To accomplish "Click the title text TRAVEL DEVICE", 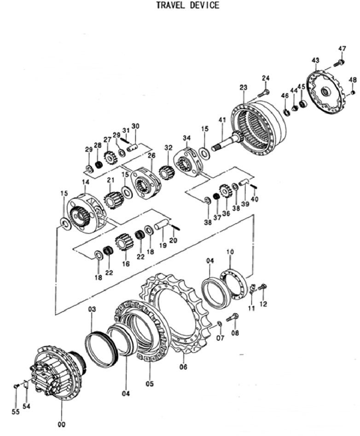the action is [x=187, y=5].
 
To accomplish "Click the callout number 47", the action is [x=342, y=48].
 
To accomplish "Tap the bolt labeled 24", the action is [x=263, y=93].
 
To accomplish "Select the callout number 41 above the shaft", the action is [x=222, y=120].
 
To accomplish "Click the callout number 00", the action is [x=62, y=425].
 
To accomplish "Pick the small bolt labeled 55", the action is [x=16, y=386].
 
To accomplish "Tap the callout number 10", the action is [x=230, y=252].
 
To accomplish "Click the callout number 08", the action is [x=235, y=333].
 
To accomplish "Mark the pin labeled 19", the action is [x=161, y=224].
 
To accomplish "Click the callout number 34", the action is [x=187, y=138].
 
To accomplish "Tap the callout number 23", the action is [x=244, y=87].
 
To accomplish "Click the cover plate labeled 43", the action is [x=326, y=92].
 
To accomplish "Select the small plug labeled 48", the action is [x=353, y=92].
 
